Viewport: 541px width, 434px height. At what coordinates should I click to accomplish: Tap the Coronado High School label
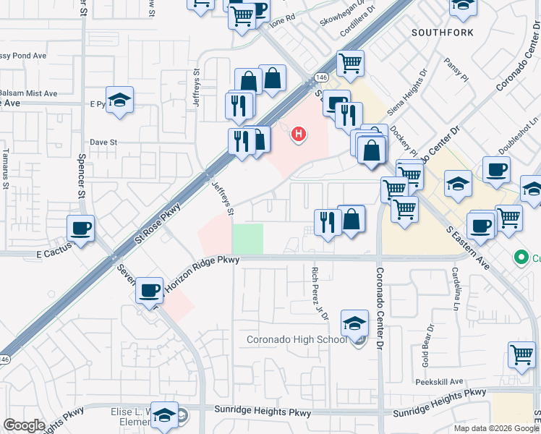pos(297,339)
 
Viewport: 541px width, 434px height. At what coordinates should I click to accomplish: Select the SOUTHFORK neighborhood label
pos(443,33)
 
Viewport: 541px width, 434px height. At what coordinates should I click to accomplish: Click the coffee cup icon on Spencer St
pos(81,229)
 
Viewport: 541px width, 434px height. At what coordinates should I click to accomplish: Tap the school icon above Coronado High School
pos(354,323)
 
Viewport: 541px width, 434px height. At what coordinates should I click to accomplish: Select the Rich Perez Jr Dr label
pos(319,294)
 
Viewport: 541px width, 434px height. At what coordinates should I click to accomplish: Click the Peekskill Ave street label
pos(438,381)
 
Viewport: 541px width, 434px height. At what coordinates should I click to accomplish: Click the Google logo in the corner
pos(24,425)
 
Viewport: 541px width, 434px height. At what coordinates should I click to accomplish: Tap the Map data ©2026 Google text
pos(496,427)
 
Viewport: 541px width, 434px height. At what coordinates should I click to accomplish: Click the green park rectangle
pos(247,239)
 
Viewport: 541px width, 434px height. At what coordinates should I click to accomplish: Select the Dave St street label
pos(103,142)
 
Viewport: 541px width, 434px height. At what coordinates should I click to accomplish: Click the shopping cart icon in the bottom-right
pos(521,354)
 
